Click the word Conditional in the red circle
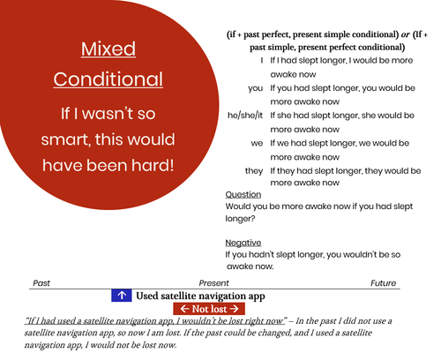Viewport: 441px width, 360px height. [x=108, y=79]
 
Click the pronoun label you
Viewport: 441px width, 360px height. [x=256, y=88]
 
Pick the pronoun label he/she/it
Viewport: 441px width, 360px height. [x=245, y=116]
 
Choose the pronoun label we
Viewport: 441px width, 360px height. [x=257, y=143]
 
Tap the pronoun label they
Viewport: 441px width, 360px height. [x=254, y=170]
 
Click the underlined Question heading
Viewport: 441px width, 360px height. [x=243, y=194]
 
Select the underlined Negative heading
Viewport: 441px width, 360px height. [x=244, y=242]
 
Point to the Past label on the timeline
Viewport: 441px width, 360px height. [x=41, y=283]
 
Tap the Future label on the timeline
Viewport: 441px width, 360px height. [x=383, y=283]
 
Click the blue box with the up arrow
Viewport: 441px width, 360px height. [x=122, y=296]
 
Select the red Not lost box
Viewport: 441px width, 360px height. [x=208, y=309]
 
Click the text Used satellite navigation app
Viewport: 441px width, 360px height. [x=200, y=296]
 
